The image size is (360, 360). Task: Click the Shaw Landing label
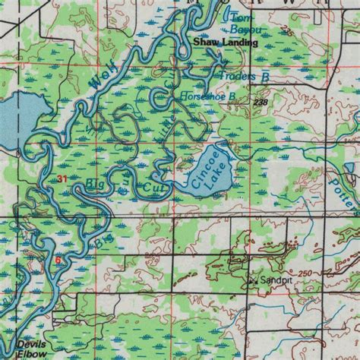225,44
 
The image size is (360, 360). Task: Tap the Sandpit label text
276,280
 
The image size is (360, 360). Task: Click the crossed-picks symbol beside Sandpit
254,280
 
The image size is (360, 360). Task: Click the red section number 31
62,178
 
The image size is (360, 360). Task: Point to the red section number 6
57,259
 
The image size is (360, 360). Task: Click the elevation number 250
306,272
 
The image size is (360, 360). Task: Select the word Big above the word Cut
96,183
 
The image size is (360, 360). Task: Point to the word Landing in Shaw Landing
238,44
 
